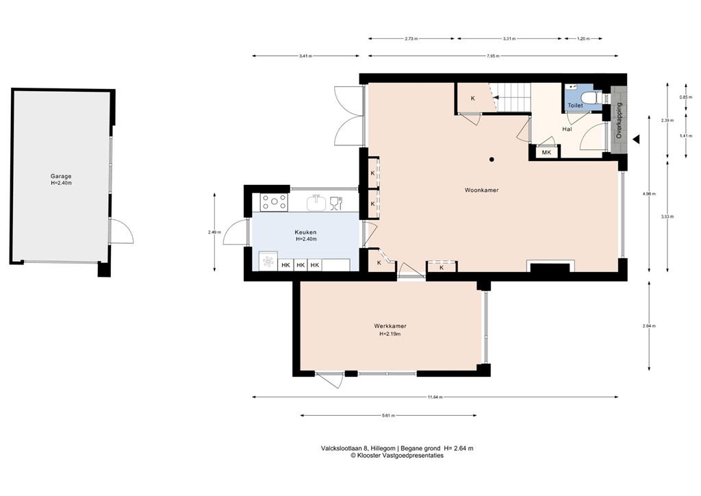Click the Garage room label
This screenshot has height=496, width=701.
(60, 176)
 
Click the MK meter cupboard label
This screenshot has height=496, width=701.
(546, 153)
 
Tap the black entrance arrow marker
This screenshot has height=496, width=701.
(636, 139)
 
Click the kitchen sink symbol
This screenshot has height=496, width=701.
(316, 202)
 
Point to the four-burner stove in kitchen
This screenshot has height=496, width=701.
(274, 201)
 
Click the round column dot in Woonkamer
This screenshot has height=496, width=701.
(492, 160)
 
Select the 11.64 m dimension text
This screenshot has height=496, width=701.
(435, 397)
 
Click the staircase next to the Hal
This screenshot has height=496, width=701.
(513, 98)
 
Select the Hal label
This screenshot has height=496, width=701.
(567, 129)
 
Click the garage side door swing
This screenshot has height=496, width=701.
(122, 232)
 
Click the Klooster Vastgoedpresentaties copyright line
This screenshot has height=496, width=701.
(397, 455)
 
